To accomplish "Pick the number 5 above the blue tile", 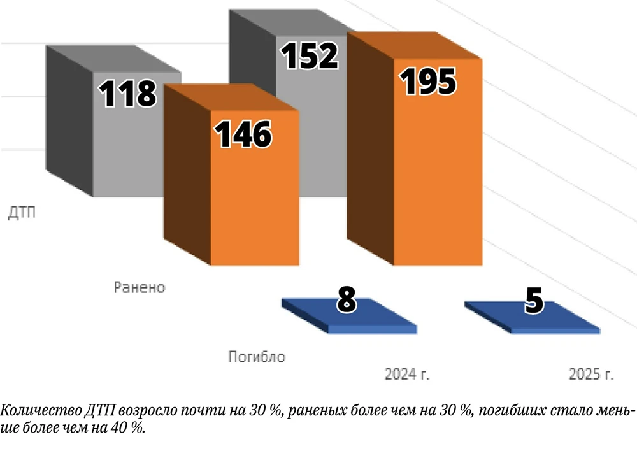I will (x=534, y=302).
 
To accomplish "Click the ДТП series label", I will (x=22, y=212).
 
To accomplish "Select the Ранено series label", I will (x=140, y=287).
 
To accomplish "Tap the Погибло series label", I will (x=257, y=357).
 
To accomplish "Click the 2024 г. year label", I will (x=407, y=374).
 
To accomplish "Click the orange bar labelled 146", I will (x=255, y=204).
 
